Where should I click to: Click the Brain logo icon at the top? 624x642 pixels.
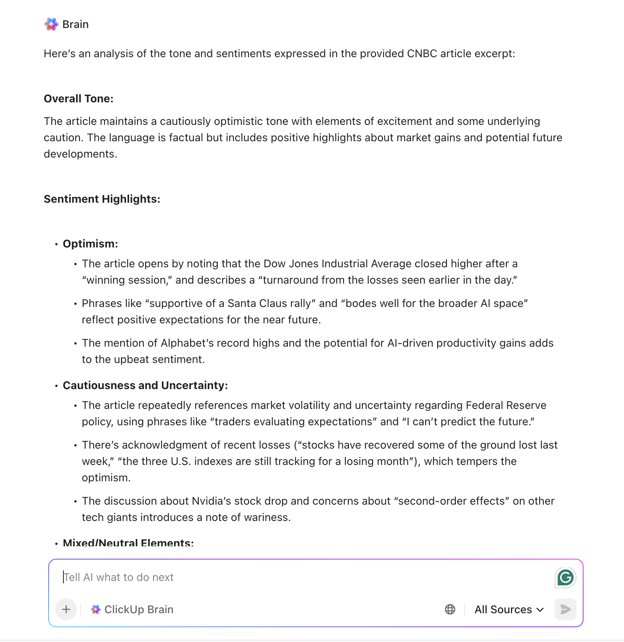click(x=51, y=24)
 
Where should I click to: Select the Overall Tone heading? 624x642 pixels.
click(x=79, y=99)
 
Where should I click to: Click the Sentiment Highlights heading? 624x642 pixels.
click(x=102, y=199)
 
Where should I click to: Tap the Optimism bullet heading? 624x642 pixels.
click(x=90, y=244)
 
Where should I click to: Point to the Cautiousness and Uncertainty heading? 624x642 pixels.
click(x=145, y=386)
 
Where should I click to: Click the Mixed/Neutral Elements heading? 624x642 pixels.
click(x=128, y=543)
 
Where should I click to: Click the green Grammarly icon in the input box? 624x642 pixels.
click(x=565, y=577)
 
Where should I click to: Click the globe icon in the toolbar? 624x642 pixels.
click(x=450, y=609)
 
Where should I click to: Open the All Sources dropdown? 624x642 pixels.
click(x=509, y=609)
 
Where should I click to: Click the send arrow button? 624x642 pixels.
click(x=565, y=609)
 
